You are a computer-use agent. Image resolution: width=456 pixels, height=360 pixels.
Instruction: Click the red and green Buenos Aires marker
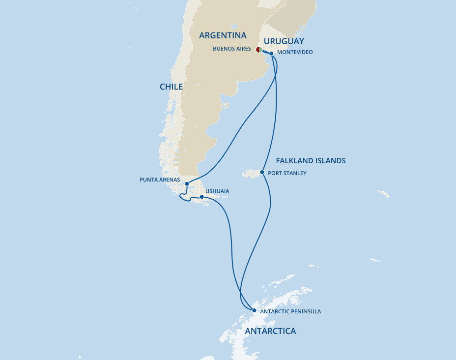pyautogui.click(x=259, y=50)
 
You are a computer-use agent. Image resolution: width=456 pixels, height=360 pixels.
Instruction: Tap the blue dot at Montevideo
pyautogui.click(x=271, y=53)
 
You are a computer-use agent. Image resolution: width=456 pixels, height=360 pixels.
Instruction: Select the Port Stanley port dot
pyautogui.click(x=262, y=173)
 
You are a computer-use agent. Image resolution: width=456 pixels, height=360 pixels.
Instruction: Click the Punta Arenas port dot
pyautogui.click(x=187, y=184)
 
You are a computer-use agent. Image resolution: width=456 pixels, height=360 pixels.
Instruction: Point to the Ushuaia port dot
pyautogui.click(x=202, y=197)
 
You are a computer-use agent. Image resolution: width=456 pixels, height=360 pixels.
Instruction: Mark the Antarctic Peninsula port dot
pyautogui.click(x=254, y=310)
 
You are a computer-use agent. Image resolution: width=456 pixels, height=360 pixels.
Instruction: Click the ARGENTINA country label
pyautogui.click(x=223, y=35)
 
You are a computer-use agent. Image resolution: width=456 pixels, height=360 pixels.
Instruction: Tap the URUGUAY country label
pyautogui.click(x=284, y=41)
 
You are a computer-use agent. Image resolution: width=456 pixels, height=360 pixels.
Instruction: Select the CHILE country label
pyautogui.click(x=171, y=87)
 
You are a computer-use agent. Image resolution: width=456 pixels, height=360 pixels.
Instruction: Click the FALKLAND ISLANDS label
pyautogui.click(x=311, y=160)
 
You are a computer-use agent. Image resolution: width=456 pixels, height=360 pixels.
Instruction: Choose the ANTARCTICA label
pyautogui.click(x=270, y=331)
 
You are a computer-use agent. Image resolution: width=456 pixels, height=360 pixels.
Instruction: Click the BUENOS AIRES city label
pyautogui.click(x=232, y=49)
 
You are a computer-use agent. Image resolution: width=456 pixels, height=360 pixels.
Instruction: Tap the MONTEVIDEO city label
pyautogui.click(x=295, y=52)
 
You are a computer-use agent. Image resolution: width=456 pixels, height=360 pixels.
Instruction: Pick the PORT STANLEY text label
pyautogui.click(x=287, y=173)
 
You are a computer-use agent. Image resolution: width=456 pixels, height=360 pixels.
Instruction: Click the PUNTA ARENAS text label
pyautogui.click(x=160, y=180)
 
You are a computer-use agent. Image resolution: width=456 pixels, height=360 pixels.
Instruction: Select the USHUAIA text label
pyautogui.click(x=217, y=191)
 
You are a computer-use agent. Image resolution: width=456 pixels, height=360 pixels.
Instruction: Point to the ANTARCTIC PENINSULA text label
pyautogui.click(x=290, y=311)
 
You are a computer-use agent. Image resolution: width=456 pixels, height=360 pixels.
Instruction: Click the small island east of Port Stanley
pyautogui.click(x=383, y=194)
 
